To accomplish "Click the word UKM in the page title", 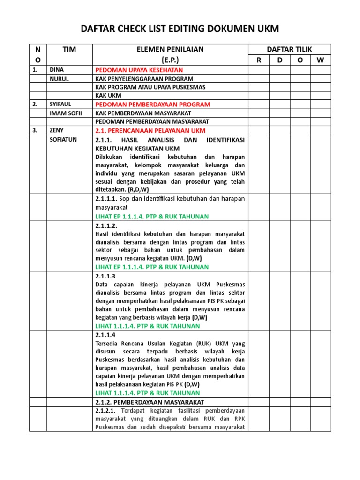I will (266, 29).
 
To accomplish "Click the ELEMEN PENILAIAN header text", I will (170, 49).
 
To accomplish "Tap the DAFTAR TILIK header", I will (289, 49).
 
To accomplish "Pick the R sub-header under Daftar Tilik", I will (258, 60).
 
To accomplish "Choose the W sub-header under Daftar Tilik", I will (321, 60).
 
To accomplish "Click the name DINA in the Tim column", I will (57, 70).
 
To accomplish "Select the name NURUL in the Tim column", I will (59, 79).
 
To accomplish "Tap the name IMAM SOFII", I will (66, 113).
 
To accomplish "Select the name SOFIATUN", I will (63, 140).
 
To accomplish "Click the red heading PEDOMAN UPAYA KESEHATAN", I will (136, 70).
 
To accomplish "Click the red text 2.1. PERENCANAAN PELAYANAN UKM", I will (150, 130).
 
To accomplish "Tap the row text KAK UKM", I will (108, 96).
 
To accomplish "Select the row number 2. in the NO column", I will (35, 104).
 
